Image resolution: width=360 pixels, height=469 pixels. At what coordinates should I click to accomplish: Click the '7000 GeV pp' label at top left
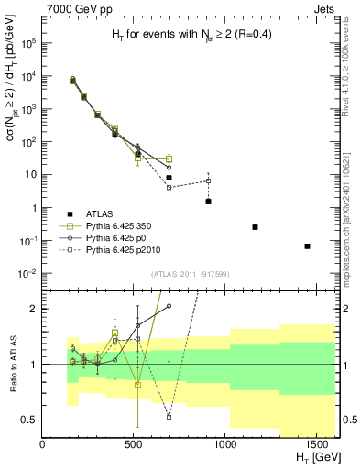tap(77, 8)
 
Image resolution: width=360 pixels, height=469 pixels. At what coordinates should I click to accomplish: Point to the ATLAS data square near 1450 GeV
tap(308, 246)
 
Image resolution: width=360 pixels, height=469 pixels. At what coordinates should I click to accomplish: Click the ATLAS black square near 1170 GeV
tap(256, 227)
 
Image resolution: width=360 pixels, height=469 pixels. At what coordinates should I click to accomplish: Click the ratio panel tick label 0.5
tap(27, 420)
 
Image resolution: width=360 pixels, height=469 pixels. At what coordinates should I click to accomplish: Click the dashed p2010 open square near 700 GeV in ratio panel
tap(169, 417)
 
